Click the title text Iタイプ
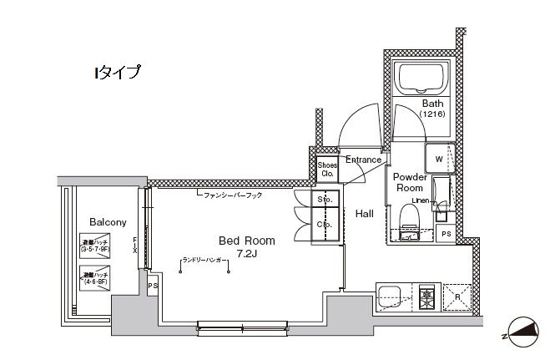coord(116,73)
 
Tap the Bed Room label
coord(247,240)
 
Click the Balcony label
coord(108,222)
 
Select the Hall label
coord(365,214)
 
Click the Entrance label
coord(363,160)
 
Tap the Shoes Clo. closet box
coord(326,170)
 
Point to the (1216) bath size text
coord(432,114)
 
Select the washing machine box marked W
coord(437,156)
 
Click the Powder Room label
coord(410,183)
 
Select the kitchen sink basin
coord(391,296)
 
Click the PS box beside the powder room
coord(447,234)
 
